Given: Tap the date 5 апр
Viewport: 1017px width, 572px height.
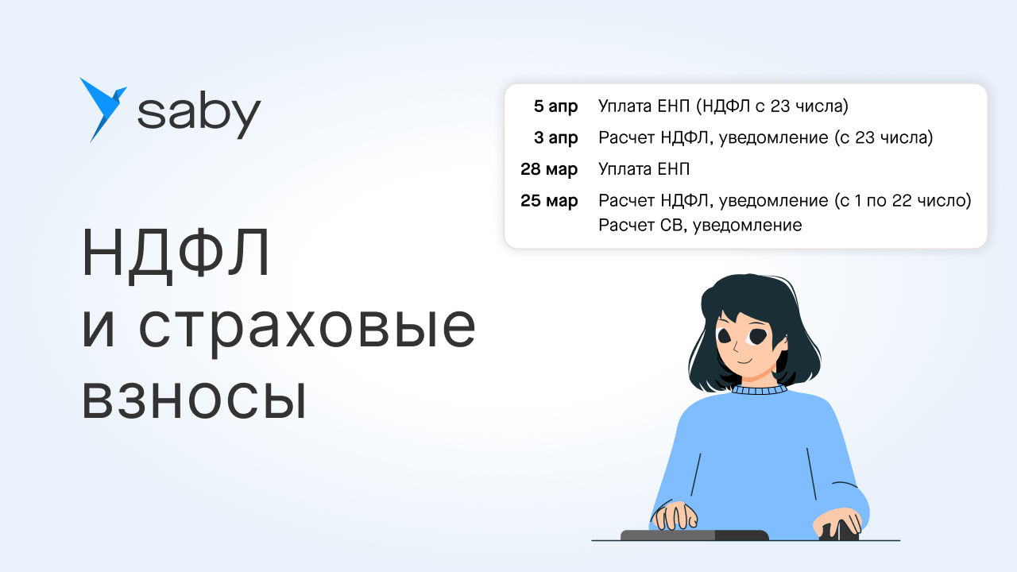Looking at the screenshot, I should (555, 106).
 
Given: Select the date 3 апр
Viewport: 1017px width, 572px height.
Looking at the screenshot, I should (555, 137).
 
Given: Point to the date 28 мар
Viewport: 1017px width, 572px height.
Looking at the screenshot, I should (549, 169).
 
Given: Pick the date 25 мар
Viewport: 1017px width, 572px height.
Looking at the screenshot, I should (549, 201).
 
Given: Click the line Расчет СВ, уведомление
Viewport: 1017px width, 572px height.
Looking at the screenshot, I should (700, 225).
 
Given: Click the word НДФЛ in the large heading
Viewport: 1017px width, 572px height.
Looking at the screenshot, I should (176, 253).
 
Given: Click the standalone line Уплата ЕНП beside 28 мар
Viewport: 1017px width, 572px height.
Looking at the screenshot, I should (644, 169).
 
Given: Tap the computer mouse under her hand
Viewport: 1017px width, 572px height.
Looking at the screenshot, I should (838, 531).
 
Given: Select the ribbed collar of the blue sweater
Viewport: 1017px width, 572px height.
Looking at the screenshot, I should (758, 389).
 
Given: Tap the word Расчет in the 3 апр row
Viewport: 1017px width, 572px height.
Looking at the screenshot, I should (626, 137).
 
